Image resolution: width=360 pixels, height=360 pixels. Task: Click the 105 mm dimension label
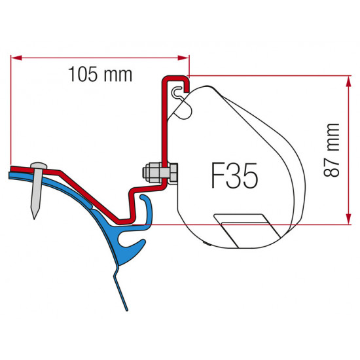[100, 75]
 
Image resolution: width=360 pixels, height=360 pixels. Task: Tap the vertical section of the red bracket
[164, 131]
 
